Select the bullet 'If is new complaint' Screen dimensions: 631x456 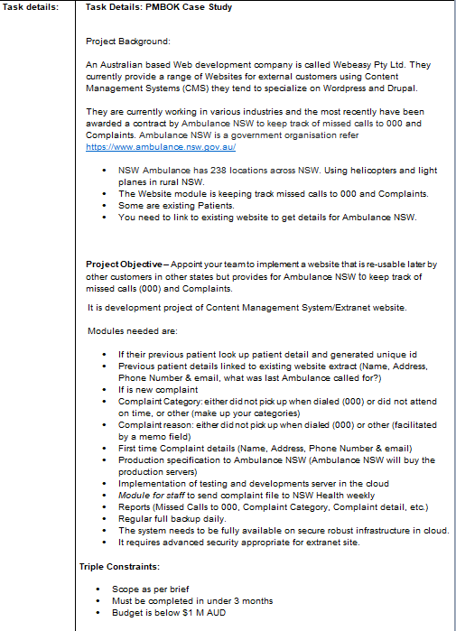click(x=158, y=389)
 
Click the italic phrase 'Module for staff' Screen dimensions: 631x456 click(x=151, y=495)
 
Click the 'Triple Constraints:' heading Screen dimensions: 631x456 click(x=120, y=566)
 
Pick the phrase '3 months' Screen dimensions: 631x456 click(x=253, y=600)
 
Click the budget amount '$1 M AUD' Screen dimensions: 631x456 click(x=210, y=613)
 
